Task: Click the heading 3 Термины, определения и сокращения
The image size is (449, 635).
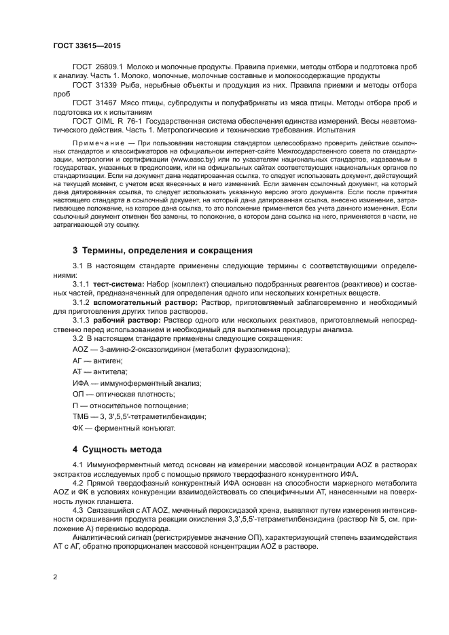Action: coord(153,250)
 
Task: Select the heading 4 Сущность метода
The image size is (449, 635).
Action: coord(117,450)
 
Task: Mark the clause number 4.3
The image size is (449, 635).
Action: coord(79,508)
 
